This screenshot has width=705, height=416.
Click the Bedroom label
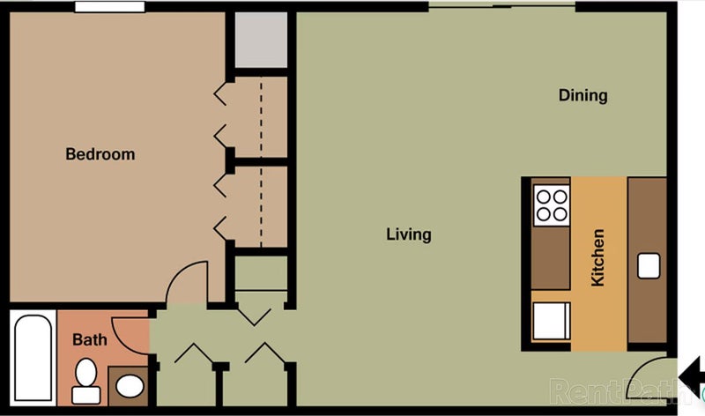100,154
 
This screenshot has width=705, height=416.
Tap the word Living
409,234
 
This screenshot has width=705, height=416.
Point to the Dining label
583,95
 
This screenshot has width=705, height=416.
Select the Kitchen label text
597,257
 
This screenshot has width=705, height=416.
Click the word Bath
90,339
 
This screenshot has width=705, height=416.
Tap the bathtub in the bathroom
33,358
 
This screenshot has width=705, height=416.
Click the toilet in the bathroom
85,381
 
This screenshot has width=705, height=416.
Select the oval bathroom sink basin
130,386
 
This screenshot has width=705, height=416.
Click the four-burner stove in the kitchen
552,205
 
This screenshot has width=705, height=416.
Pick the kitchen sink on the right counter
649,266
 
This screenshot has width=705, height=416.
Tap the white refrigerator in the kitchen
552,321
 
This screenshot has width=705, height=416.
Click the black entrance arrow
692,376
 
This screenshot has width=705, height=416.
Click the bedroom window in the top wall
109,7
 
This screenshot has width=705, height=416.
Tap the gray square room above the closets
261,40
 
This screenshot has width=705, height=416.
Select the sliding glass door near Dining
501,5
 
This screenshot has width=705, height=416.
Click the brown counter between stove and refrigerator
551,257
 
